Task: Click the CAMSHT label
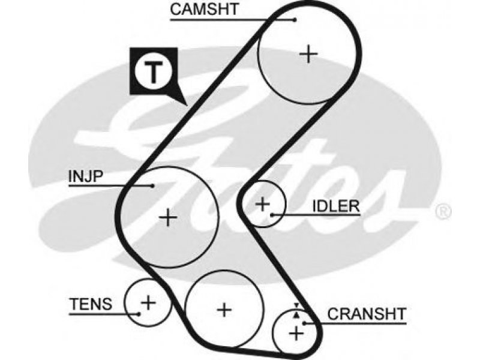coord(204,9)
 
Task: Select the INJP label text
coord(86,176)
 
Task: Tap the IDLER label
coord(336,206)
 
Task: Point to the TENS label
coord(91,304)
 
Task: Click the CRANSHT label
coord(367,314)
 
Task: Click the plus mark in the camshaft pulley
coord(308,54)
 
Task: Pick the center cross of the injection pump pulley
coord(168,217)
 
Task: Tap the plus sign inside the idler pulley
coord(262,204)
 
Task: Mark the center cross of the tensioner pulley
coord(148,303)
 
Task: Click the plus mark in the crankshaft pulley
coord(296,333)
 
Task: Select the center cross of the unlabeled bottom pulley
coord(224,310)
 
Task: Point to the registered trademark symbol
coord(443,212)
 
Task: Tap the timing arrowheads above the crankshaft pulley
coord(296,310)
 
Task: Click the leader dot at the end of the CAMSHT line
coord(295,20)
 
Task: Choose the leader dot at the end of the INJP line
coord(152,185)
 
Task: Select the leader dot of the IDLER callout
coord(272,215)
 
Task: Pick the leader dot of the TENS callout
coord(139,314)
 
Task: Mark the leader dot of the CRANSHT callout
coord(304,323)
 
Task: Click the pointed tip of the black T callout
coord(187,106)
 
